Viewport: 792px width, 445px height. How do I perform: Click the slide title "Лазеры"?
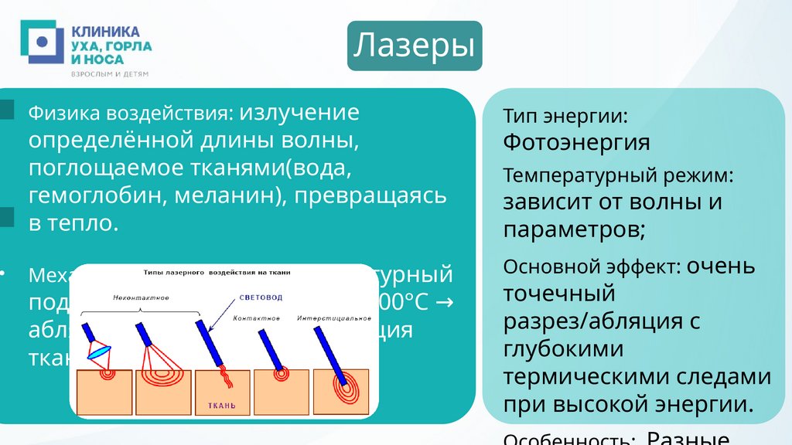tap(415, 46)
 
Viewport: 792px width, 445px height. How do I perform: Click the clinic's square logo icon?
tap(42, 42)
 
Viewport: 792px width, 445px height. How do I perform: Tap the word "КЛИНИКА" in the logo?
tap(106, 31)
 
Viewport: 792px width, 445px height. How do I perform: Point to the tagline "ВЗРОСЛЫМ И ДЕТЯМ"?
tap(109, 74)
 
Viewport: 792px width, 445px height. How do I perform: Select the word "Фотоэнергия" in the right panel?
tap(576, 142)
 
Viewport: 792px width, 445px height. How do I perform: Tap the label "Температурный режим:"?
tap(618, 175)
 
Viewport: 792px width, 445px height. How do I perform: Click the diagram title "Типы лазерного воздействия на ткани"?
tap(224, 273)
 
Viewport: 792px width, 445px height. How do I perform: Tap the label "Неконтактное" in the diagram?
tap(140, 297)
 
